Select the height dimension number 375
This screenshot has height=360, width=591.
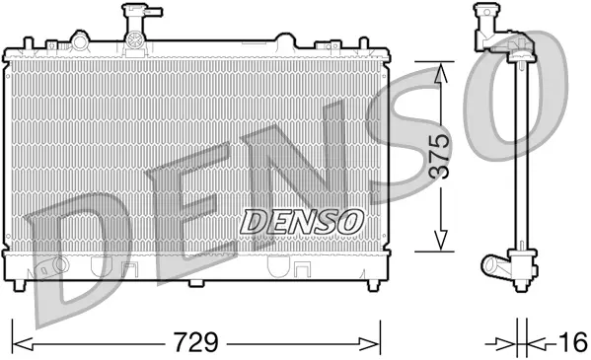(441, 155)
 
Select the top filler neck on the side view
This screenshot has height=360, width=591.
(486, 22)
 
